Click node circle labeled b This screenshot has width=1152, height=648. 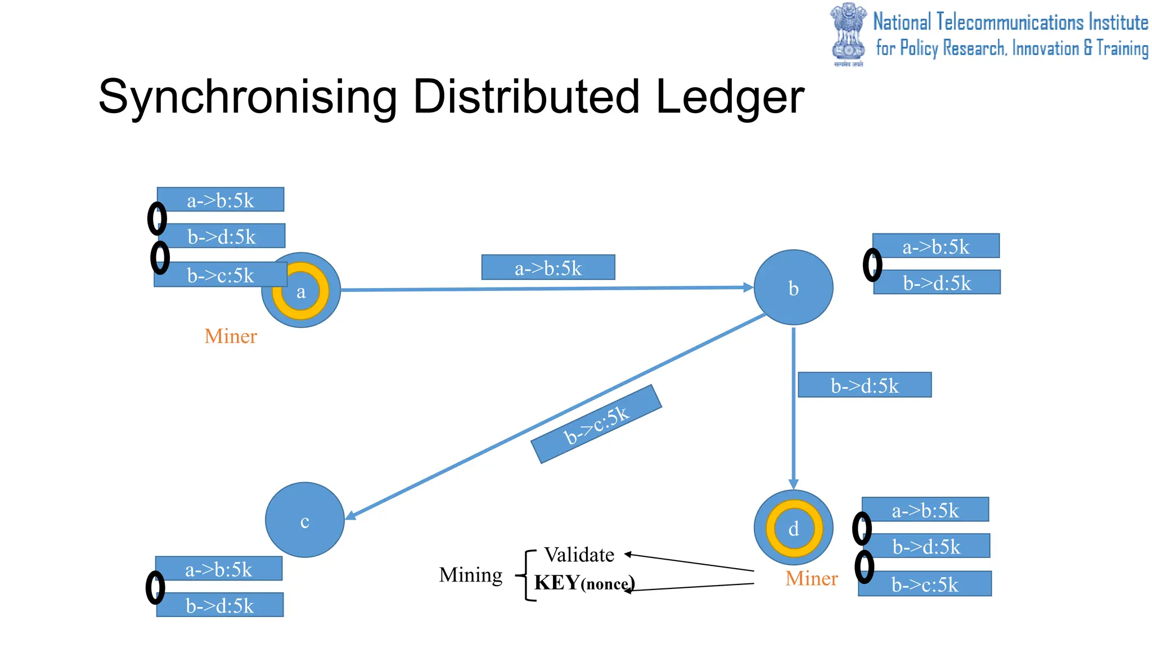(x=793, y=287)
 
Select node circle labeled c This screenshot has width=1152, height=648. (x=304, y=520)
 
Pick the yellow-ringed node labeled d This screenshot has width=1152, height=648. (x=793, y=528)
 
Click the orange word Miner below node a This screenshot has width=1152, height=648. (x=231, y=336)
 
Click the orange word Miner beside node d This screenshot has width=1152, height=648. (x=811, y=579)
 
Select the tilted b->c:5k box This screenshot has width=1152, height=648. (x=596, y=424)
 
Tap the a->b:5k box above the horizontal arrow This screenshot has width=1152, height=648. (x=548, y=268)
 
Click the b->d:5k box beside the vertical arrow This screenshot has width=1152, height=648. (x=865, y=385)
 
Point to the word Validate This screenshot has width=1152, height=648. (x=579, y=555)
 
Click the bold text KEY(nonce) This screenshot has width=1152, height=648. (x=584, y=583)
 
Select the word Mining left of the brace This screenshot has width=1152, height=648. (x=471, y=575)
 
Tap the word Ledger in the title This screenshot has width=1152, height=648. (x=730, y=97)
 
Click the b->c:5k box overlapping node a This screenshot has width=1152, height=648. (x=220, y=275)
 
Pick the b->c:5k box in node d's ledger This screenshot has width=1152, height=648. (x=924, y=584)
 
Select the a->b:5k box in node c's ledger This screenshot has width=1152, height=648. (x=219, y=569)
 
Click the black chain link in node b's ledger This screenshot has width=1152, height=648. (x=872, y=265)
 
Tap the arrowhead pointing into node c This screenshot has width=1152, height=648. (x=350, y=515)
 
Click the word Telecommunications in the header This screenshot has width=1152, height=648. (x=1010, y=22)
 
